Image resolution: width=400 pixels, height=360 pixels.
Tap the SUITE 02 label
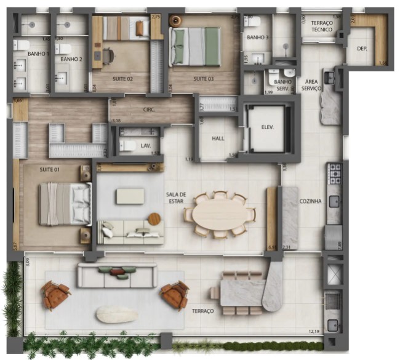click(122, 79)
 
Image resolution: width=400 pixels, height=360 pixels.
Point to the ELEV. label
click(267, 127)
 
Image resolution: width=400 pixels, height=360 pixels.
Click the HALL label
click(218, 138)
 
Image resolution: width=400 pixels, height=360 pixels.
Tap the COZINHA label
click(310, 201)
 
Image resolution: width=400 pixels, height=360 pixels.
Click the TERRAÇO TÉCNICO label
click(321, 26)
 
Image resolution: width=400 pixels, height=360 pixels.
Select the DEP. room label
click(362, 48)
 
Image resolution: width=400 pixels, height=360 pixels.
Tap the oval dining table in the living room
click(218, 214)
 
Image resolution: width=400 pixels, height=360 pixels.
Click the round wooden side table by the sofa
click(154, 218)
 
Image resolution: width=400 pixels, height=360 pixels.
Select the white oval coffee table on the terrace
click(117, 314)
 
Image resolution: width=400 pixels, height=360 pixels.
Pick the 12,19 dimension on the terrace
click(314, 332)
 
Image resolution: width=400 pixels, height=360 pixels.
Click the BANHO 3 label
click(257, 38)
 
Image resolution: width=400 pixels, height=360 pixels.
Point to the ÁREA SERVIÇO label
click(311, 85)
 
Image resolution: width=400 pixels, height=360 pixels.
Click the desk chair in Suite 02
click(108, 55)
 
